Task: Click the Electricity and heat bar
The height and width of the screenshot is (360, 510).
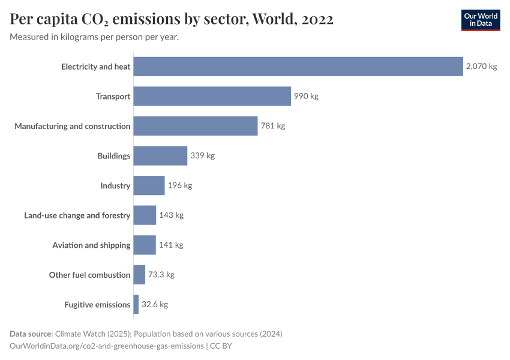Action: tap(298, 67)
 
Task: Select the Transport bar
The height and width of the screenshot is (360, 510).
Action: tap(212, 96)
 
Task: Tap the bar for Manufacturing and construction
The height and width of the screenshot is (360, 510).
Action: tap(195, 126)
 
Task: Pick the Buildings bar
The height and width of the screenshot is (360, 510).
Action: tap(160, 155)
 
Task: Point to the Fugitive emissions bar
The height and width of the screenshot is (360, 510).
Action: tap(136, 304)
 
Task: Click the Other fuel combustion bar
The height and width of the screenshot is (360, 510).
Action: tap(139, 275)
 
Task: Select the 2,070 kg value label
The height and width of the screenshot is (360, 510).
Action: tap(481, 67)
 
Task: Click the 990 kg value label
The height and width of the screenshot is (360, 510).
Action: tap(306, 96)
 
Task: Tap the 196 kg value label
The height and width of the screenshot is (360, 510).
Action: tap(180, 185)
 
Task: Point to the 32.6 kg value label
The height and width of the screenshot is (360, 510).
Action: tap(155, 304)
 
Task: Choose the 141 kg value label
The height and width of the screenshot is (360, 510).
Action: tap(171, 245)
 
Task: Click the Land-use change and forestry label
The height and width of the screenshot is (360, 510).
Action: tap(77, 215)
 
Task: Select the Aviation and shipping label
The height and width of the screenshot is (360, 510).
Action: tap(91, 245)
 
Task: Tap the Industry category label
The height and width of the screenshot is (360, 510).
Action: tap(115, 185)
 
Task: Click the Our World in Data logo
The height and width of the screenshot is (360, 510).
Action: tap(481, 20)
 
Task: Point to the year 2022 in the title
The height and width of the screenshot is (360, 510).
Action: tap(314, 19)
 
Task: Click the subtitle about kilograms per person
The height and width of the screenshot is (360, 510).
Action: tap(94, 37)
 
